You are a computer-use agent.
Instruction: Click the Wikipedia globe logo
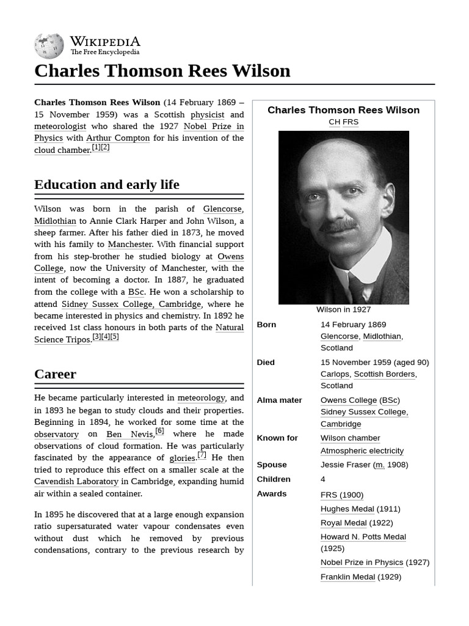coord(49,46)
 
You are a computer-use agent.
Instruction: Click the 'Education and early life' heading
coord(107,185)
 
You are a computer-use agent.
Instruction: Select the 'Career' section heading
coord(56,374)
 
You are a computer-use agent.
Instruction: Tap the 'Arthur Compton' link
coord(118,138)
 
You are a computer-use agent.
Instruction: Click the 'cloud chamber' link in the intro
coord(62,150)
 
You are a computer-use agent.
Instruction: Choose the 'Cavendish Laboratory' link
coord(76,482)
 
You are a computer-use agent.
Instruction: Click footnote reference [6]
coord(159,431)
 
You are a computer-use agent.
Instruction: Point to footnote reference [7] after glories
coord(202,455)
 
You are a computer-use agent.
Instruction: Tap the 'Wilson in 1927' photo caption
coord(343,309)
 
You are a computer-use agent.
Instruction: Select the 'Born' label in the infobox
coord(266,325)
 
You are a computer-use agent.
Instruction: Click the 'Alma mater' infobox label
coord(279,400)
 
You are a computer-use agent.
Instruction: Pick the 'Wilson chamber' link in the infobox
coord(350,438)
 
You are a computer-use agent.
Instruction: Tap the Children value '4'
coord(323,479)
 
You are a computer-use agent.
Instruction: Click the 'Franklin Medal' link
coord(347,577)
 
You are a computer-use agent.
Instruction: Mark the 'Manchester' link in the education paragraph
coord(129,245)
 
